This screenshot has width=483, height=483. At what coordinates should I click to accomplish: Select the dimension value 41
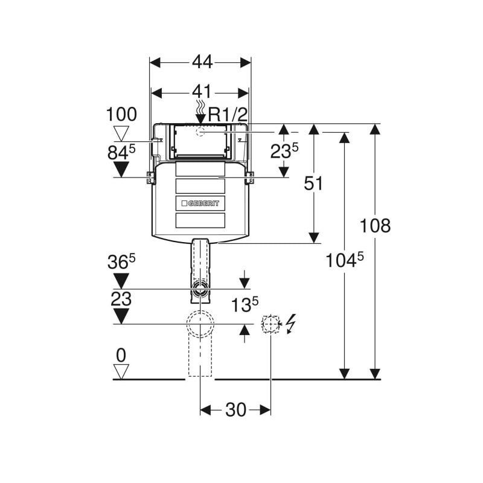point(200,92)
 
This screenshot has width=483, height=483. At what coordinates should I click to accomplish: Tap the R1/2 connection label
point(228,115)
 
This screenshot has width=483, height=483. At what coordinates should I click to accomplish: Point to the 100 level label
point(121,115)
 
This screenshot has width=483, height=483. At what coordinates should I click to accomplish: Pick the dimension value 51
point(313,184)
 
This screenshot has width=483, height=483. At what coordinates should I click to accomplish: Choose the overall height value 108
point(375,226)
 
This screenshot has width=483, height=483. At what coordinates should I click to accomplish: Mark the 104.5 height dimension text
point(344,260)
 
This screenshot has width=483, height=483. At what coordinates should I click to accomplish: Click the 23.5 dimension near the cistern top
point(284,150)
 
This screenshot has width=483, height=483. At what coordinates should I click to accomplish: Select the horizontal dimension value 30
point(235,410)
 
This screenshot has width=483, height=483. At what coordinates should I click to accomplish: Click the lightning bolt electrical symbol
point(291,324)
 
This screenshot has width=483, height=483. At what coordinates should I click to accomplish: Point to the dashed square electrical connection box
point(270,324)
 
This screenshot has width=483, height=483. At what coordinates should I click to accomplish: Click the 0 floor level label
point(121,354)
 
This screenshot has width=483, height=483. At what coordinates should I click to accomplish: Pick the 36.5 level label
point(121,262)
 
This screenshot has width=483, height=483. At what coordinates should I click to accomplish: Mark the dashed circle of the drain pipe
point(200,324)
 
